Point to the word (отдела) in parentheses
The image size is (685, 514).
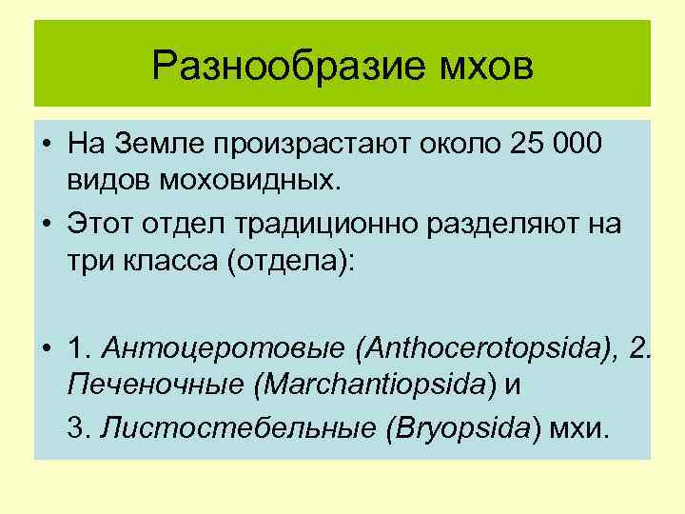[289, 259]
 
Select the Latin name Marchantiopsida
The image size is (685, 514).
[380, 385]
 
